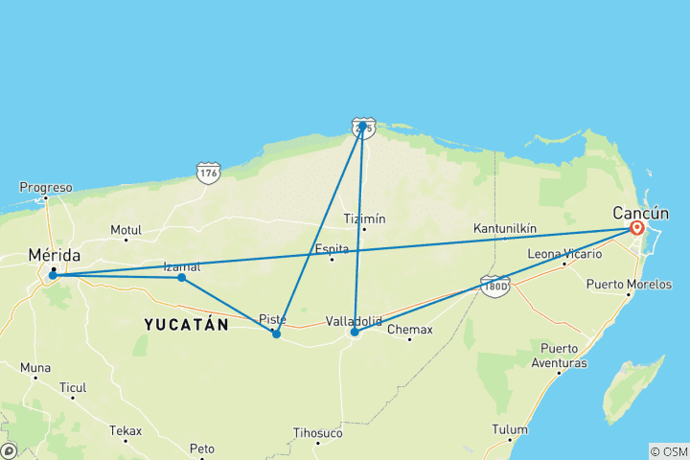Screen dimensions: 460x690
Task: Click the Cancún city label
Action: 643,213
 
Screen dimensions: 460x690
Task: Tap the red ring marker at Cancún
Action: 637,228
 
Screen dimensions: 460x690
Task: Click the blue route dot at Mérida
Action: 53,276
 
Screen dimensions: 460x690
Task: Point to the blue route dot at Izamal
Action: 181,278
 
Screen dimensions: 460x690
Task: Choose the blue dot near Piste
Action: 276,333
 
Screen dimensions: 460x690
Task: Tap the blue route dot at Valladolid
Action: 355,332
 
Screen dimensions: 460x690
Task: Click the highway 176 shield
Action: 207,173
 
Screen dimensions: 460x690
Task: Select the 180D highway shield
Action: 494,286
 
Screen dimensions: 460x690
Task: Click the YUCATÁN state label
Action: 187,325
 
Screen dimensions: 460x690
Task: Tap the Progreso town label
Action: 46,188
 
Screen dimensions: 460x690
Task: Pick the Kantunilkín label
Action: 505,229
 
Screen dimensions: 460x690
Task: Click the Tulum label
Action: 510,429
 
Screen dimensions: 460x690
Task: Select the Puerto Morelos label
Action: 630,285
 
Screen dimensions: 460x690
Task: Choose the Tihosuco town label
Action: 317,433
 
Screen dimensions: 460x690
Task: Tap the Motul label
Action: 126,230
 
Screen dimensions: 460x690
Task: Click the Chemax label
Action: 409,330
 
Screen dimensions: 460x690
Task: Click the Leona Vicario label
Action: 565,254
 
